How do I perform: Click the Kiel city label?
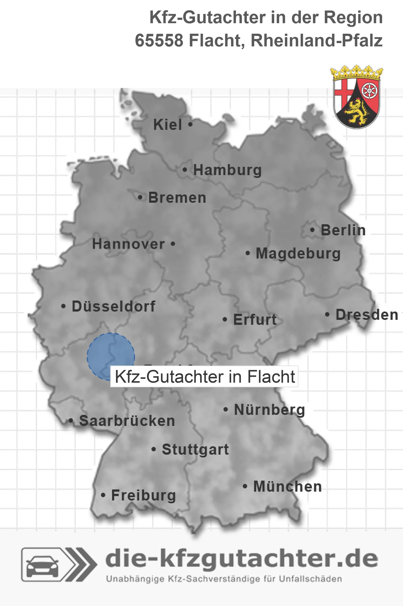tap(168, 125)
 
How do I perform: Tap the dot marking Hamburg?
tap(185, 170)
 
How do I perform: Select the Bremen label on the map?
tap(177, 198)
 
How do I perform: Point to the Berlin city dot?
tap(312, 230)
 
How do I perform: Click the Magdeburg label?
tap(298, 254)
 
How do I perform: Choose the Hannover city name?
tap(128, 244)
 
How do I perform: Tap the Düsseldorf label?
tap(113, 306)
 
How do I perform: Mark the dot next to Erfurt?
tap(225, 320)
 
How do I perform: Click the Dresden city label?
tap(367, 315)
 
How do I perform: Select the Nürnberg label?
tap(269, 410)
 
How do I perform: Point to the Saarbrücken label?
tap(127, 421)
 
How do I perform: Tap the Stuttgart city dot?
tap(154, 449)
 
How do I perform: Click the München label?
tap(288, 487)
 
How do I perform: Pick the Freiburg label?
tap(144, 496)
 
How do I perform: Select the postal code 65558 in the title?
tap(159, 41)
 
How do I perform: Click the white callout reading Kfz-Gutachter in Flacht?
tap(205, 376)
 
